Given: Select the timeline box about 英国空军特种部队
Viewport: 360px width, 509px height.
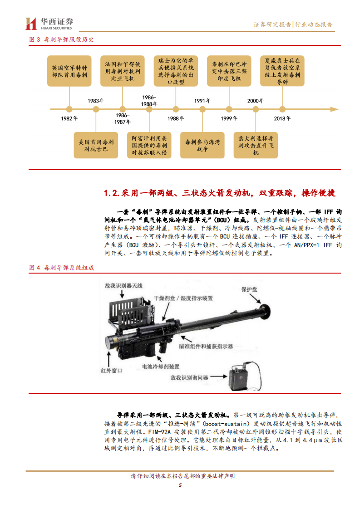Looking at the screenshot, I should (x=69, y=71).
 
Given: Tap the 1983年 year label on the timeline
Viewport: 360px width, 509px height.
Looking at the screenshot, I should (x=96, y=101).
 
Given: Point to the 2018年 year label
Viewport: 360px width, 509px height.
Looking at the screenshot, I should (x=282, y=118).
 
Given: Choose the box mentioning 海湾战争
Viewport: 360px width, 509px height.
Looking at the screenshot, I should (x=202, y=145).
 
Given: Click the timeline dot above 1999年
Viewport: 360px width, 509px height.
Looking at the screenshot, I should (x=229, y=109).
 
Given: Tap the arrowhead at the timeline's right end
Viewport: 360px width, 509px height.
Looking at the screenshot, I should (x=335, y=109).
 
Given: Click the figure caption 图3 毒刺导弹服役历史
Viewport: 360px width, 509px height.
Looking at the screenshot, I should (x=61, y=39).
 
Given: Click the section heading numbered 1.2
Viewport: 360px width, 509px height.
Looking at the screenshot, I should (x=219, y=193).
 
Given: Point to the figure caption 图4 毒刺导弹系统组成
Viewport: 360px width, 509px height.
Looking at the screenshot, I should (x=61, y=268).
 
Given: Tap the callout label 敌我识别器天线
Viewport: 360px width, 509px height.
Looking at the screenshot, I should (x=123, y=285).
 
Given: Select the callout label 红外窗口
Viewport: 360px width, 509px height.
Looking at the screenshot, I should (x=112, y=370).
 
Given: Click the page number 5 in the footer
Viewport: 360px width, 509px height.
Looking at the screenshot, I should (x=180, y=485).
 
